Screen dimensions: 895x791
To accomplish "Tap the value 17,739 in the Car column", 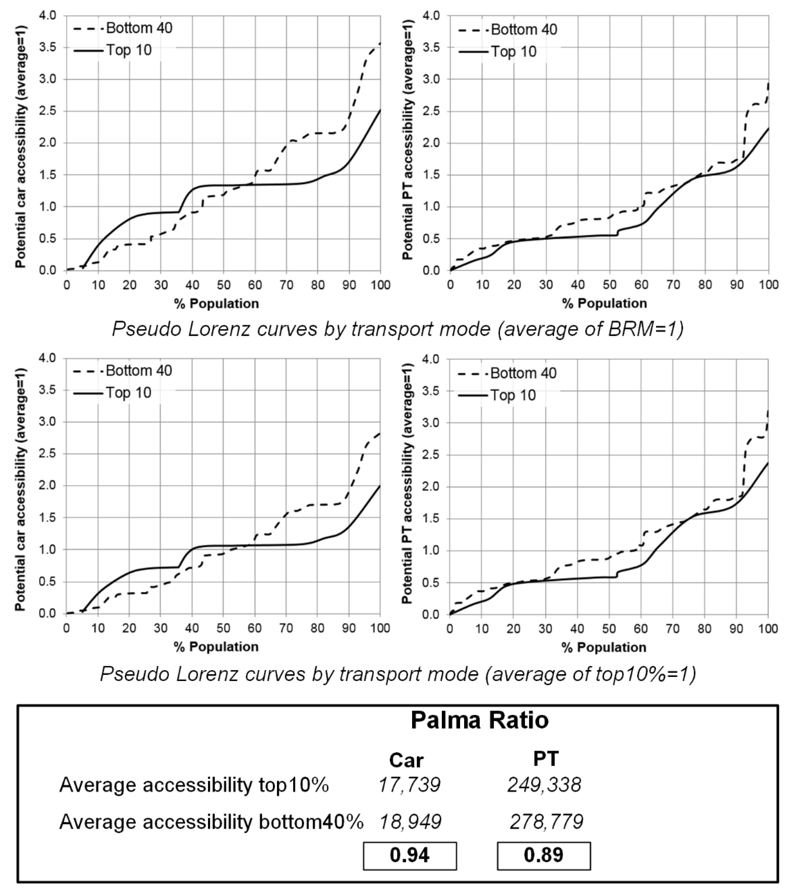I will [x=409, y=785].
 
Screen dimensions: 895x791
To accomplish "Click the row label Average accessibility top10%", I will [x=194, y=785].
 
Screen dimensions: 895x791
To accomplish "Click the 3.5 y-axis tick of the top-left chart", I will [x=48, y=47].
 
